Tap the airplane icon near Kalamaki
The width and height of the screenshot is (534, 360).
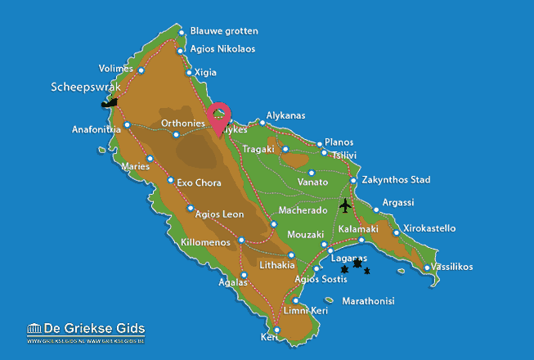point(346,204)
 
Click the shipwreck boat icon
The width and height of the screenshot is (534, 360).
point(109,103)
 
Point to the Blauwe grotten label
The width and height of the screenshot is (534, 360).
point(223,31)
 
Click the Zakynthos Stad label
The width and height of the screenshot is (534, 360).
point(396,179)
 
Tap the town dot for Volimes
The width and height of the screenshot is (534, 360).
point(141,70)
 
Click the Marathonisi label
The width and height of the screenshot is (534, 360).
point(368,301)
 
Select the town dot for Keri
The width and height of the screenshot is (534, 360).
point(277,331)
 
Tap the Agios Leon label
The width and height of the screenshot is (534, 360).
point(221,214)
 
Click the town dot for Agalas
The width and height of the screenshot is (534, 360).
point(243,274)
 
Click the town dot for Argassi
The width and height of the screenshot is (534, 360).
point(376,209)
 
